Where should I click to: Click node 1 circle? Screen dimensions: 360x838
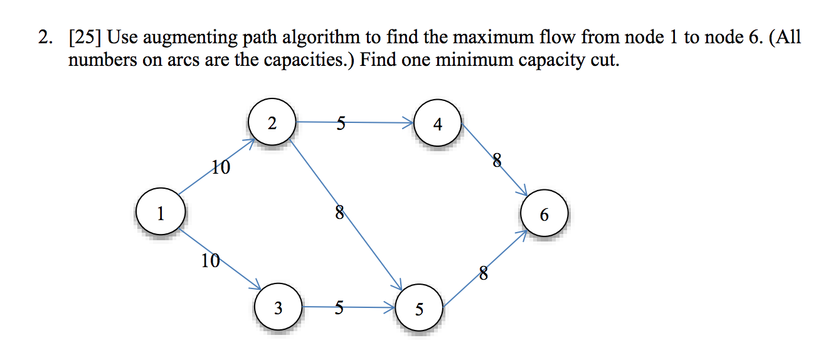(x=161, y=214)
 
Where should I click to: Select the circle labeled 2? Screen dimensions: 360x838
(x=272, y=123)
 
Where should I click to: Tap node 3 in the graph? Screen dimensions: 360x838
(x=278, y=308)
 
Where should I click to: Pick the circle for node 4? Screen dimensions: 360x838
(x=437, y=124)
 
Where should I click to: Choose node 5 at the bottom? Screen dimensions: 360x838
(x=419, y=309)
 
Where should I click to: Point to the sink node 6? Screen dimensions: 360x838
(x=544, y=215)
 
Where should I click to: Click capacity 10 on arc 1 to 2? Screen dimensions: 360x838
(x=220, y=167)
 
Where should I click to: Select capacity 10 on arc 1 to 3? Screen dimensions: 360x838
(x=210, y=261)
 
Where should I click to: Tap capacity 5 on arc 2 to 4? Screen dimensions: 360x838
(x=341, y=124)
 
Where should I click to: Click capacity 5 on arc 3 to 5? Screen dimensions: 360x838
(x=339, y=307)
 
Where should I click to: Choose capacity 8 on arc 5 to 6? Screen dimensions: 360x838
(x=482, y=273)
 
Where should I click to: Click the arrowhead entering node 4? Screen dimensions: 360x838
(x=410, y=124)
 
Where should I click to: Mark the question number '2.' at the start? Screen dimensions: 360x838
(x=45, y=38)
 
